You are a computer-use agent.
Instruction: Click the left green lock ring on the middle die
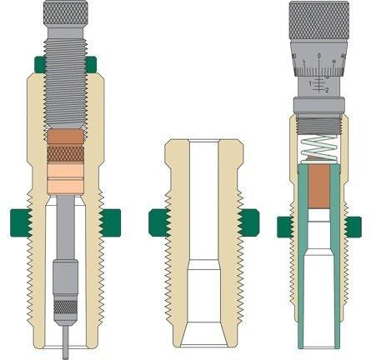click(x=156, y=221)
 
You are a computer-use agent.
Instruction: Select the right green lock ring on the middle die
click(x=246, y=221)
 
